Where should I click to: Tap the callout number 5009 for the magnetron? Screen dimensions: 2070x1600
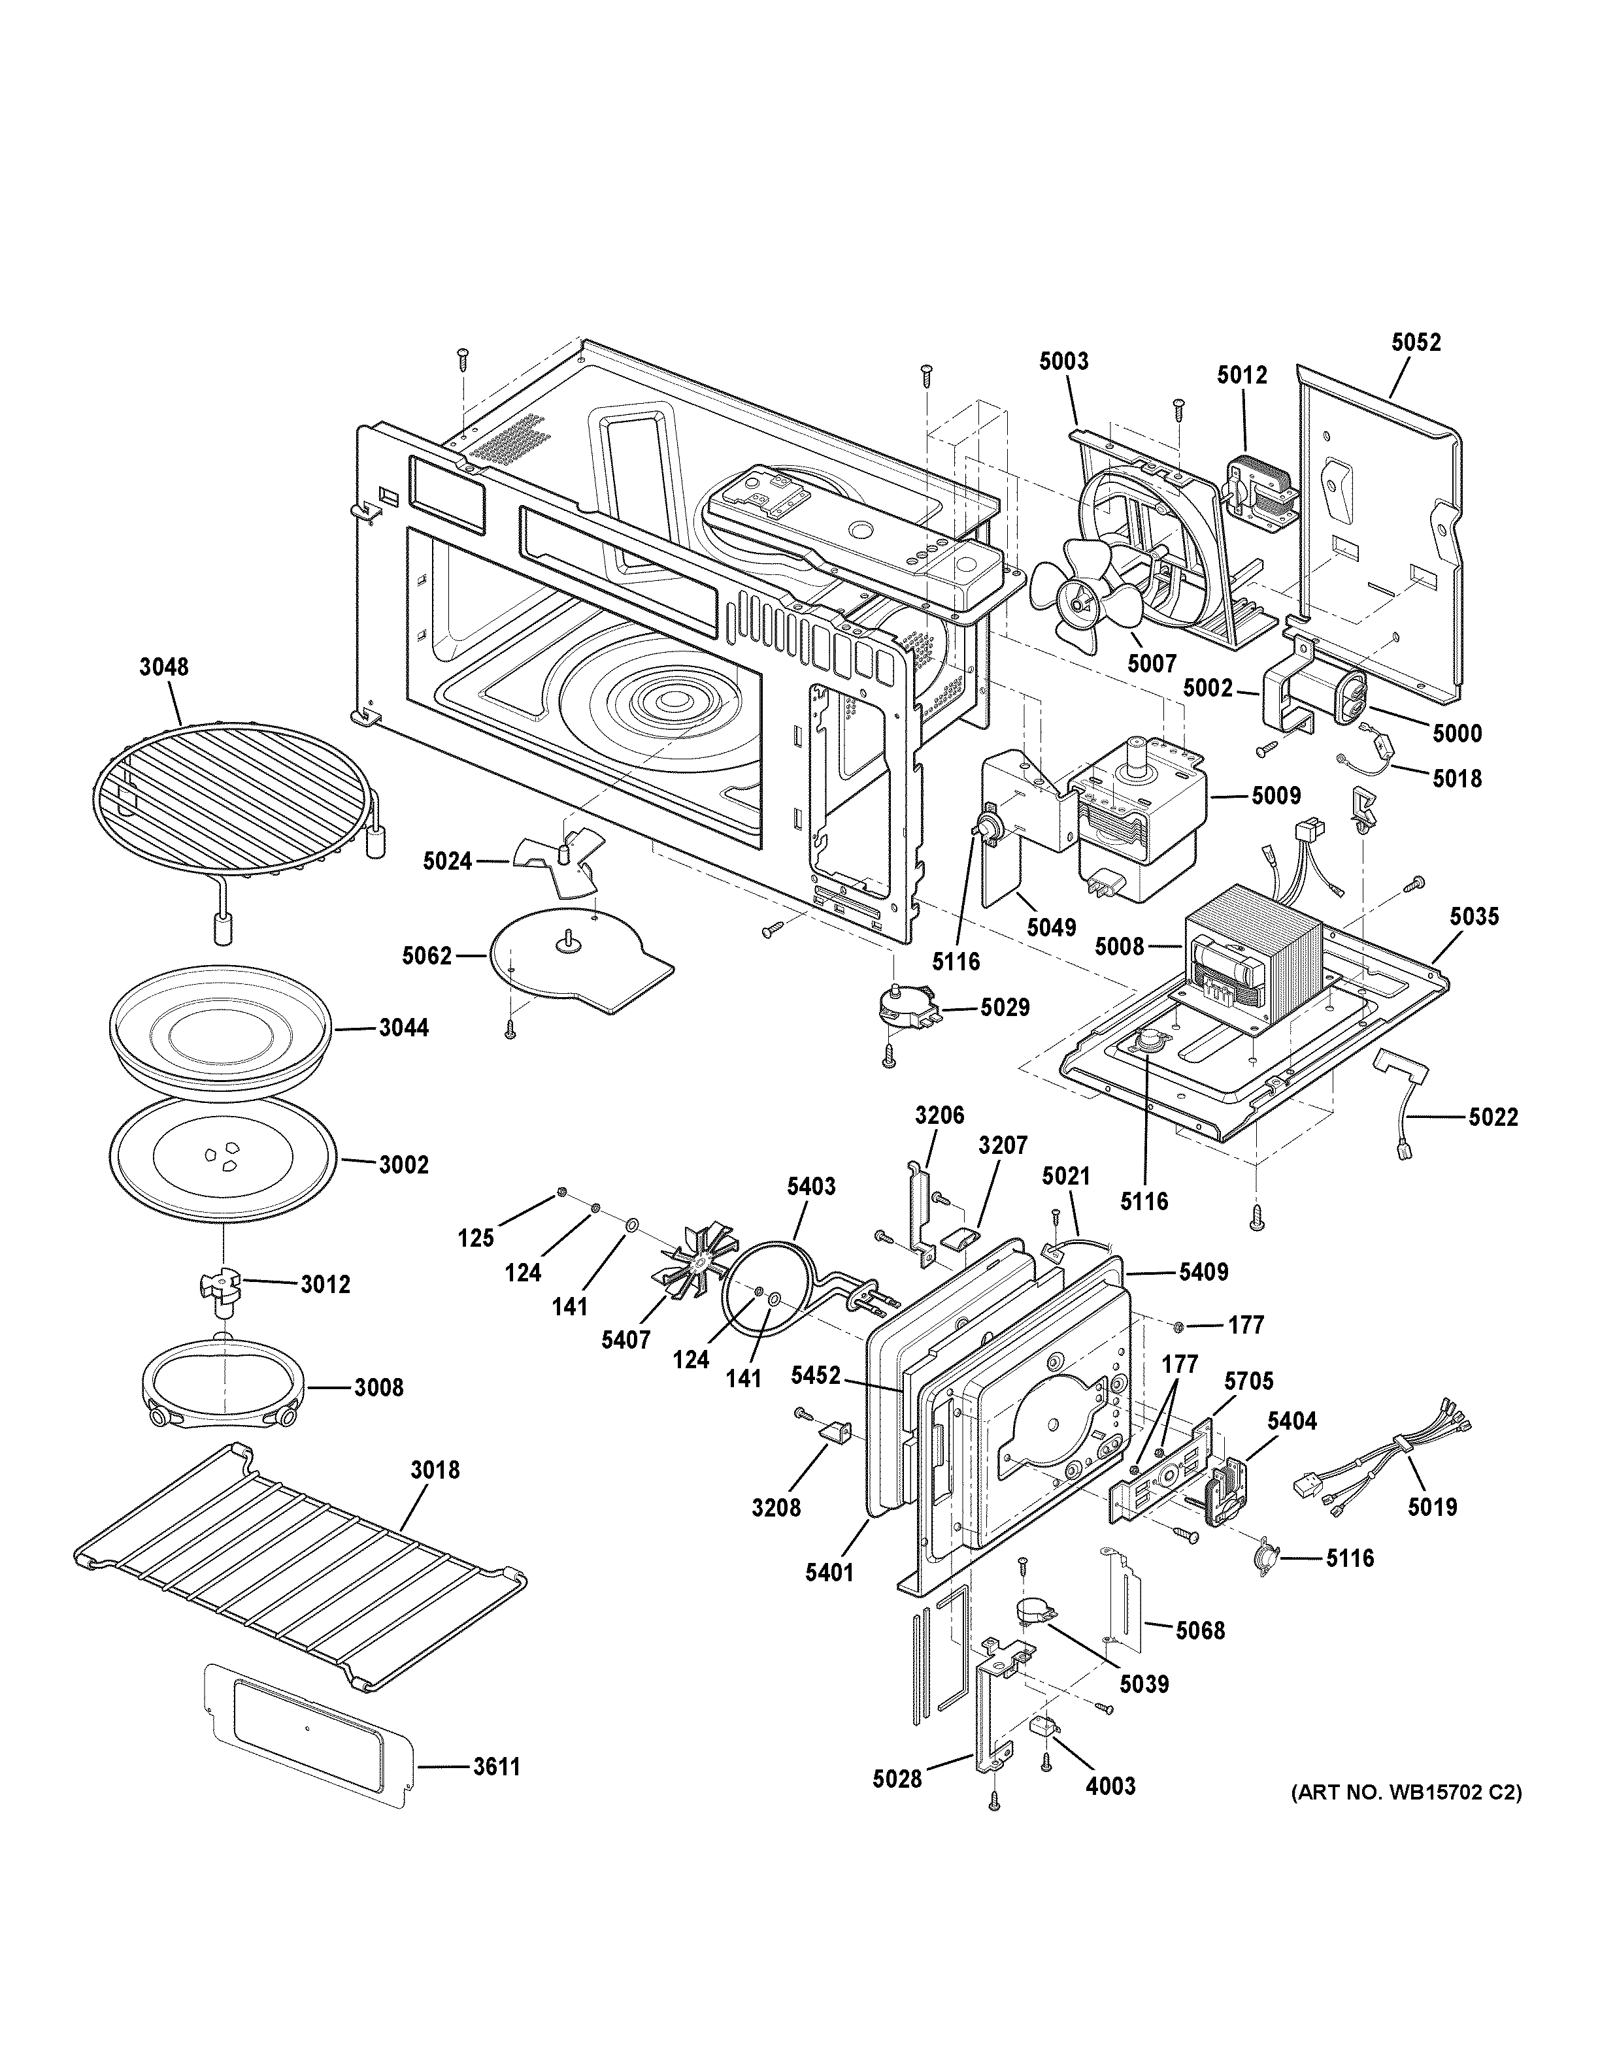1276,795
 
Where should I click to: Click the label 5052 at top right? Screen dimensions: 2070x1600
1416,342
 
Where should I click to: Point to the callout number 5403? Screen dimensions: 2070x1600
810,1186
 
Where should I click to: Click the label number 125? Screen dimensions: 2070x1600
476,1238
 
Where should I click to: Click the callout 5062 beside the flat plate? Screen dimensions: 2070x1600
425,955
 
